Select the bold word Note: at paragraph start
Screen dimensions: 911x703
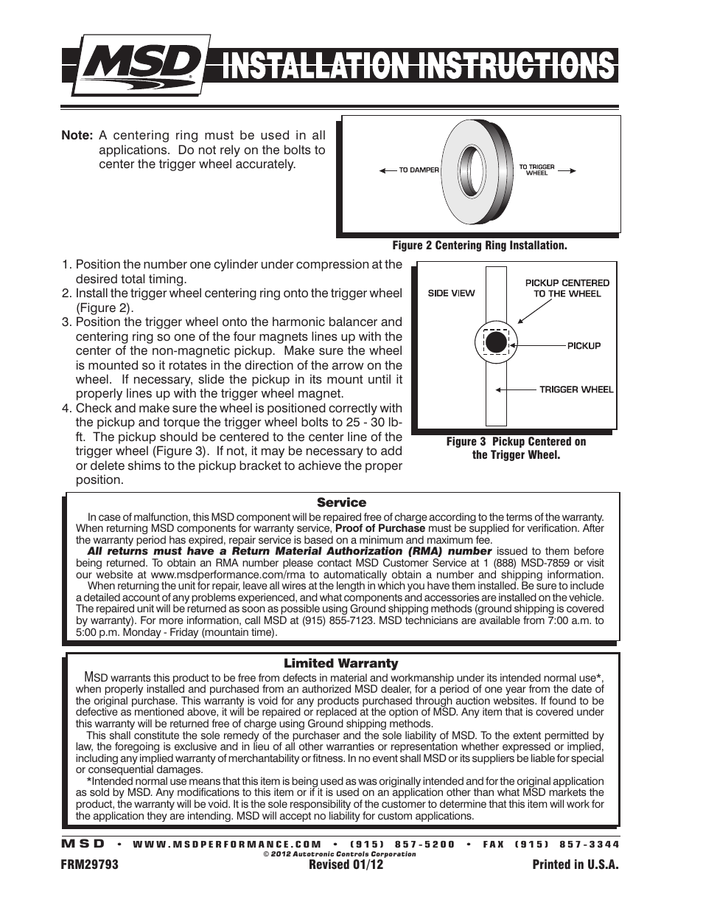coord(77,136)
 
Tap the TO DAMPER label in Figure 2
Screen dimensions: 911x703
coord(419,170)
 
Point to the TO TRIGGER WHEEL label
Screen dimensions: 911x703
coord(536,170)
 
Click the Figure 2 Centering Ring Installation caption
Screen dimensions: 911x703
coord(479,246)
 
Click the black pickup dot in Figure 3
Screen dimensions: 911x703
coord(496,342)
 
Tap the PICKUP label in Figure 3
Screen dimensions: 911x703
coord(584,345)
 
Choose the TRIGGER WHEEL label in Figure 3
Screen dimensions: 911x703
coord(576,389)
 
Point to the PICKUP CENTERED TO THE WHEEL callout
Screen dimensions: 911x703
coord(567,288)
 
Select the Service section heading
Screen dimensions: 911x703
coord(341,502)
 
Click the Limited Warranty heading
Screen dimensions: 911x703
coord(340,663)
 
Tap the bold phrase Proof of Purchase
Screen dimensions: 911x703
coord(380,528)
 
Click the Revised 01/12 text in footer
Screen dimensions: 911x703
coord(346,865)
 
